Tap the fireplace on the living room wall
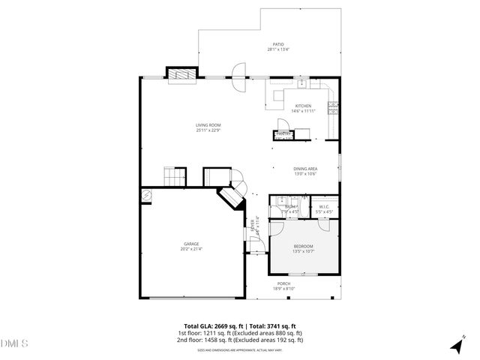coord(181,73)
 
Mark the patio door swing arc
coord(238,75)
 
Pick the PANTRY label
coord(283,135)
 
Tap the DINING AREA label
coord(304,170)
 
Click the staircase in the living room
coord(174,177)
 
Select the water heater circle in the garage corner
coord(146,194)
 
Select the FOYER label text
coord(254,223)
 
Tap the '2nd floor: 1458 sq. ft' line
coord(240,340)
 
